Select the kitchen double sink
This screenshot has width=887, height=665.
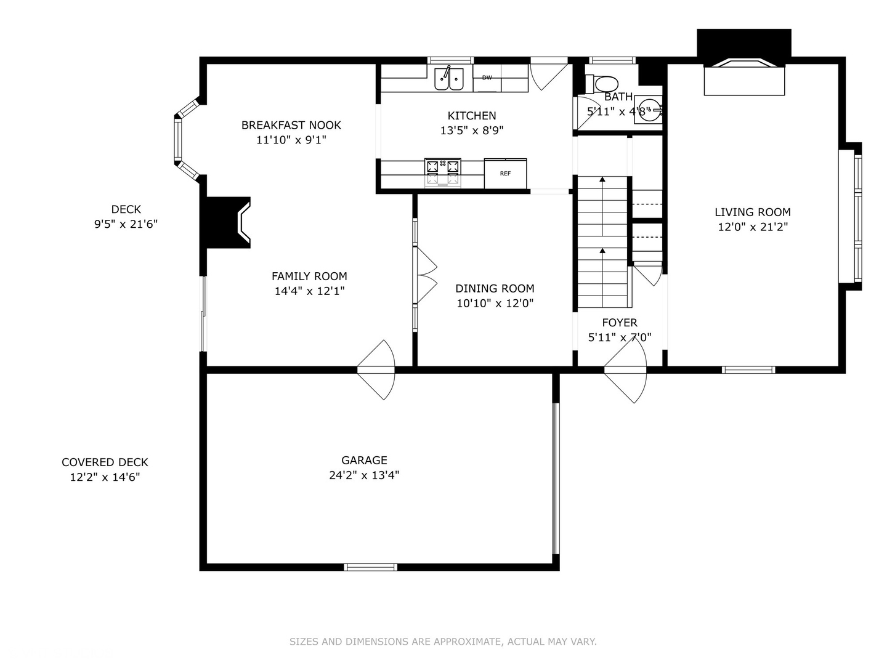click(449, 78)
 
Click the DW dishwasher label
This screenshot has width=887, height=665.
click(487, 78)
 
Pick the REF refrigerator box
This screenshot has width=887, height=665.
click(505, 174)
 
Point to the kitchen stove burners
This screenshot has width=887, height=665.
click(442, 166)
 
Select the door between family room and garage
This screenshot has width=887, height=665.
click(376, 370)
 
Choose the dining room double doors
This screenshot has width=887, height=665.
click(426, 275)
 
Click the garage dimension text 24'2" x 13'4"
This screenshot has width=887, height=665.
click(364, 475)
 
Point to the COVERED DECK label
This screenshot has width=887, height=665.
click(105, 462)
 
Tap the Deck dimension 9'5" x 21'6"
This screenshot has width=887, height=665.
click(126, 224)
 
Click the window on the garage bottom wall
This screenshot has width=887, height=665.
click(370, 567)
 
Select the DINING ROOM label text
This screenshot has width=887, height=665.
click(495, 288)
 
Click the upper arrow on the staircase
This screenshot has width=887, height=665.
click(602, 180)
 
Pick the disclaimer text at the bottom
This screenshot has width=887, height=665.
click(443, 642)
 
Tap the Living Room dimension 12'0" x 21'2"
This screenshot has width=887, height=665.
click(753, 227)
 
